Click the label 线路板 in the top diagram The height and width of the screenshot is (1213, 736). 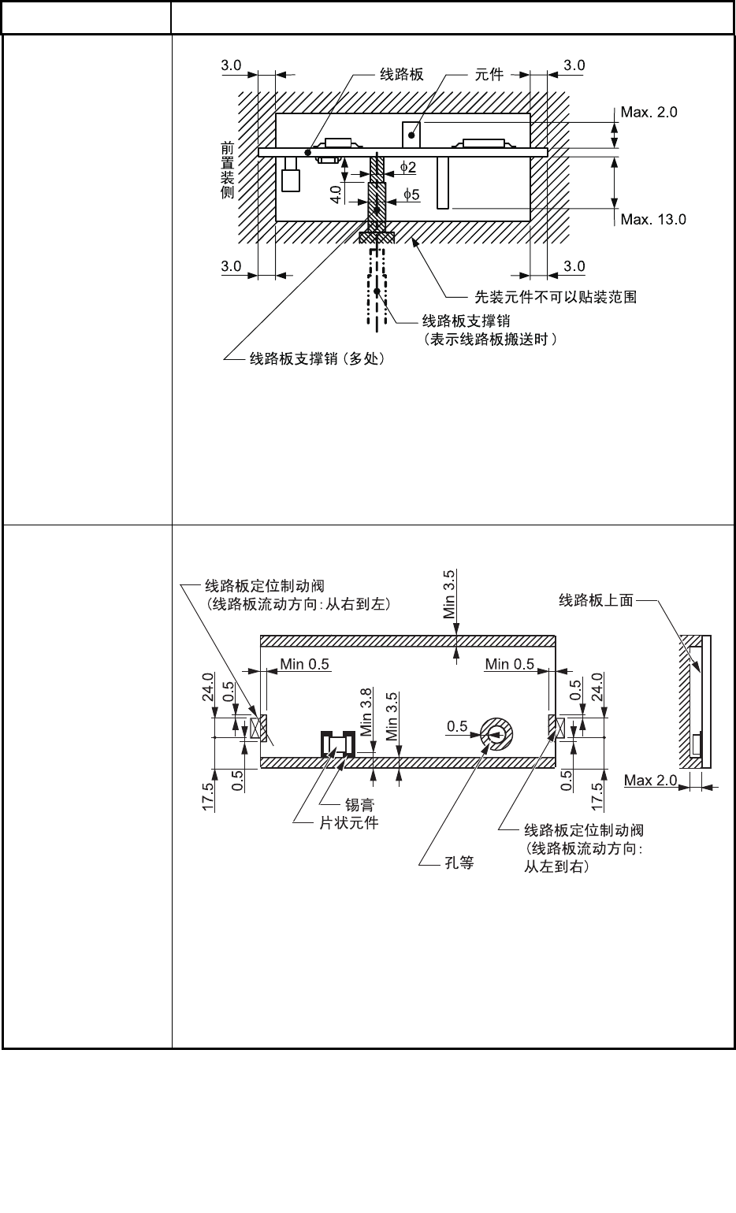[402, 75]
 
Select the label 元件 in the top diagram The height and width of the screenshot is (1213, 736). [489, 75]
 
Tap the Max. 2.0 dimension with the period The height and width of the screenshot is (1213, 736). [649, 113]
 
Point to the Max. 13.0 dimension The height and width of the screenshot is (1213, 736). [652, 219]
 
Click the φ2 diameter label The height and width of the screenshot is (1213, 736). [407, 167]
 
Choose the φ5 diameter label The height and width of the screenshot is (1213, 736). [411, 194]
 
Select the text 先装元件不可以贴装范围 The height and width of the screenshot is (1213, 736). [555, 297]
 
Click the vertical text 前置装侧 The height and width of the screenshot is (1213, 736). [227, 170]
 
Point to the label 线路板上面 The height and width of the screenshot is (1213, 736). [596, 601]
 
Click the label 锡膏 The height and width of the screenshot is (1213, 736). [359, 805]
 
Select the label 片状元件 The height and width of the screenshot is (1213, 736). [348, 823]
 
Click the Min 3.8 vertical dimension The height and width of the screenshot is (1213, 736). [366, 712]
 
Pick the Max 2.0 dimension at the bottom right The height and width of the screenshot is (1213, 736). [650, 781]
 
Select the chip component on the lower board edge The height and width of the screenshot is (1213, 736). [338, 744]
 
